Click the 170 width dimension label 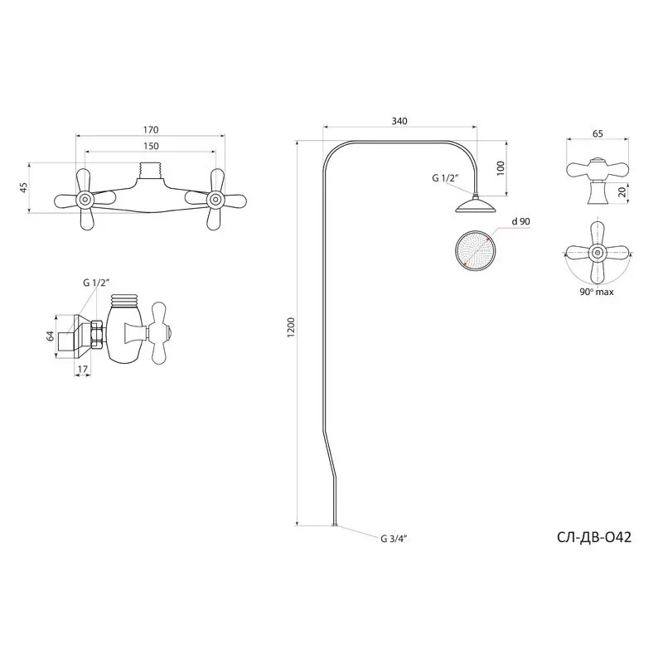pyautogui.click(x=151, y=129)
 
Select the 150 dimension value pyautogui.click(x=151, y=146)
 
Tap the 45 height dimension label pyautogui.click(x=24, y=187)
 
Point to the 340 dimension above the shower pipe pyautogui.click(x=399, y=121)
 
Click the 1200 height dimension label pyautogui.click(x=291, y=327)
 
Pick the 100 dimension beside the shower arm pyautogui.click(x=501, y=168)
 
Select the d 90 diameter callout pyautogui.click(x=520, y=221)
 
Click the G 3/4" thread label pyautogui.click(x=394, y=539)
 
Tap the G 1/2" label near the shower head pyautogui.click(x=445, y=178)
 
